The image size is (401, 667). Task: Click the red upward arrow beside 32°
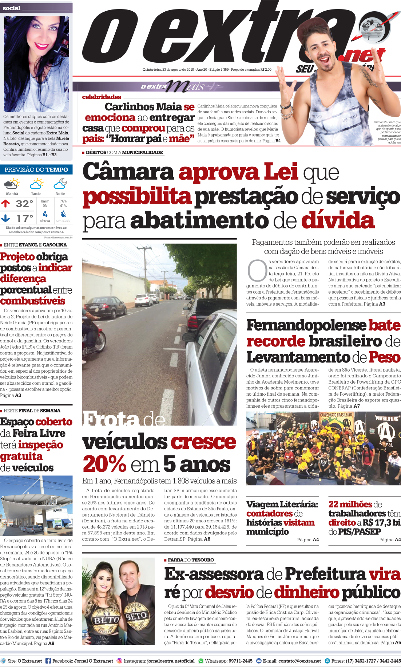(x=5, y=203)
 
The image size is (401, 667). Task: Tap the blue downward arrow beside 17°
(x=5, y=218)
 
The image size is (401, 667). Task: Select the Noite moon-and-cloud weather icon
(x=60, y=184)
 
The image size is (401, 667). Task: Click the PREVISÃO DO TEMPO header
(x=36, y=170)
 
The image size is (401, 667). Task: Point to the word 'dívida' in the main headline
(x=338, y=221)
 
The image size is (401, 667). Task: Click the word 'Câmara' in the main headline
(x=128, y=172)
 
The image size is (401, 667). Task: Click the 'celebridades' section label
(x=102, y=97)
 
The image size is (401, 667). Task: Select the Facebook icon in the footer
(x=48, y=661)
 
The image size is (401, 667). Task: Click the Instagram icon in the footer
(x=119, y=661)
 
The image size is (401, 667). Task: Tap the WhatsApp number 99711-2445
(x=240, y=661)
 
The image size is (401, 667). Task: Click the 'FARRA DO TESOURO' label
(x=191, y=560)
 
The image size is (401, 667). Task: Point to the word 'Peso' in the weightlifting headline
(x=384, y=357)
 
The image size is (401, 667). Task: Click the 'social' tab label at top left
(x=12, y=8)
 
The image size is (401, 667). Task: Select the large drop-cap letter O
(x=257, y=271)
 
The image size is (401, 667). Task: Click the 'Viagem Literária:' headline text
(x=282, y=504)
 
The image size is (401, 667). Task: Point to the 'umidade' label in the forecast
(x=63, y=221)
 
